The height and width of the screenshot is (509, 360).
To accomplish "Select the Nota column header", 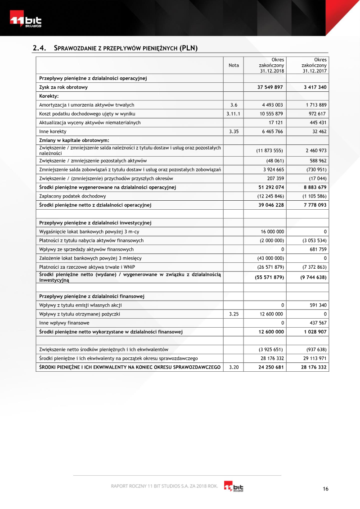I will tap(234, 65).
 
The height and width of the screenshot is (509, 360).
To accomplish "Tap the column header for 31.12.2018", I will tap(271, 65).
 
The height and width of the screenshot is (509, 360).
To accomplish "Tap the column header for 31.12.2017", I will tap(314, 65).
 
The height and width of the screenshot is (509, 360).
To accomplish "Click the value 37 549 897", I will tap(270, 87).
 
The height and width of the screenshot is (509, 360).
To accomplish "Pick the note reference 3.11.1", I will tap(234, 113).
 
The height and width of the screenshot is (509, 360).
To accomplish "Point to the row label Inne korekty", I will tap(53, 131).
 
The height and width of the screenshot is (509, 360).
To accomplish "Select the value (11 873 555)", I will tap(270, 150).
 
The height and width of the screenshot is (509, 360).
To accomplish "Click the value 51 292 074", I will tap(270, 187).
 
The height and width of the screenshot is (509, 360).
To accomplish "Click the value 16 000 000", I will tap(272, 231).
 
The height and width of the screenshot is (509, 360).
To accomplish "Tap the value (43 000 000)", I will tap(270, 258).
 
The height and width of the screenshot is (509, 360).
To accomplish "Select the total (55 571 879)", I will tap(270, 277).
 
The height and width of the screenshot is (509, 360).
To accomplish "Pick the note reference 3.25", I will tap(234, 314).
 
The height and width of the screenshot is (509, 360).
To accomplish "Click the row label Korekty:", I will tap(49, 96).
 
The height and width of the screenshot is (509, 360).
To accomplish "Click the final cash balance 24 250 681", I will tap(270, 367).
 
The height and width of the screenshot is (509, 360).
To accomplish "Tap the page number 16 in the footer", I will tap(326, 489).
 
